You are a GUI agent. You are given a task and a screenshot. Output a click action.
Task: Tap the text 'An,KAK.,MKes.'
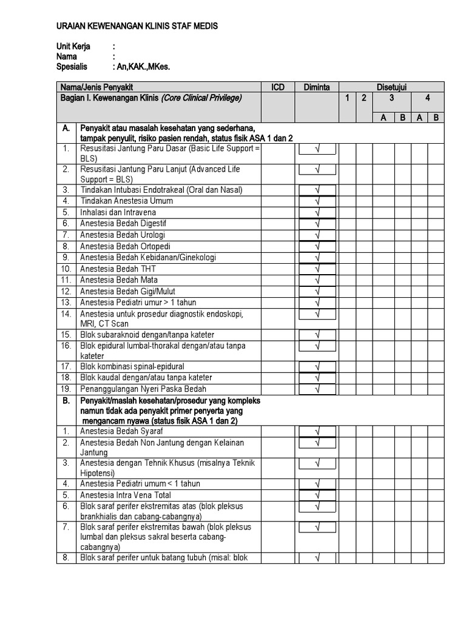(x=141, y=67)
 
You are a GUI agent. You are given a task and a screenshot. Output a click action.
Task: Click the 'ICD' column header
(x=277, y=87)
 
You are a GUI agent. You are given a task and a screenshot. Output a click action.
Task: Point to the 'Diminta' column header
(x=317, y=87)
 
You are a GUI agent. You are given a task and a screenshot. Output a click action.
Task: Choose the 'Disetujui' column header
(x=391, y=87)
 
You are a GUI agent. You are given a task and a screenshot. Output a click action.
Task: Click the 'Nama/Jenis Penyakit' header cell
(x=97, y=87)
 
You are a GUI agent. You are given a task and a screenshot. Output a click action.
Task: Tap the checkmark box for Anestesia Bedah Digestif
(x=317, y=224)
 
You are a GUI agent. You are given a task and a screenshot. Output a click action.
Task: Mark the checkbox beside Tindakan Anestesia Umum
(x=317, y=201)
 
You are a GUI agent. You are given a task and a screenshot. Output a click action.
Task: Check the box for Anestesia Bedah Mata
(x=317, y=280)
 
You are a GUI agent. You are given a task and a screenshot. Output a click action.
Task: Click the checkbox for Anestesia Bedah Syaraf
(x=317, y=431)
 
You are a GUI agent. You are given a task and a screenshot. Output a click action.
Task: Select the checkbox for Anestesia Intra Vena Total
(x=317, y=495)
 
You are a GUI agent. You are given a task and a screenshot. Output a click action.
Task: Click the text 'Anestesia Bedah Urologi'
(x=123, y=235)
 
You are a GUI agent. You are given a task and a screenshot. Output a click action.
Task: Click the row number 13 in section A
(x=66, y=303)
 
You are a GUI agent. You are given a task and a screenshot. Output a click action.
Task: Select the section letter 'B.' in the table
(x=66, y=401)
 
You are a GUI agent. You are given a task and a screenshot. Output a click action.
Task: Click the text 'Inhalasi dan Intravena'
(x=118, y=212)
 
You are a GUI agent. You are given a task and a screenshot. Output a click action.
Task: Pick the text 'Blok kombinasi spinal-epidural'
(x=132, y=367)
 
